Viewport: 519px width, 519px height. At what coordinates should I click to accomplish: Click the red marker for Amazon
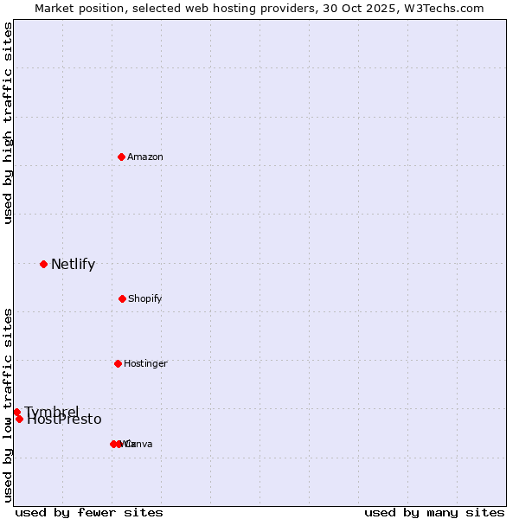122,157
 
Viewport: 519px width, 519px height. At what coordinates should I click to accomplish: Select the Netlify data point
43,264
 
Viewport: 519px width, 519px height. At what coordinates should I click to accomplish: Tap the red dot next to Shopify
122,298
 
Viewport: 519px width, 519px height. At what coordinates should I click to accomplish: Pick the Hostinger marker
118,363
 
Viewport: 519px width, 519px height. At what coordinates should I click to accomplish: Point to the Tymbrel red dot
16,412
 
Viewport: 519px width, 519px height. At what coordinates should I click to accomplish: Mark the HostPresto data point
19,419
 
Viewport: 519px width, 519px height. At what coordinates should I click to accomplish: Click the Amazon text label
145,157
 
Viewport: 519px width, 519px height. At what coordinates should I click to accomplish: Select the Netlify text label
73,265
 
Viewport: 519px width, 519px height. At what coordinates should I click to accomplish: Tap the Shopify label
144,298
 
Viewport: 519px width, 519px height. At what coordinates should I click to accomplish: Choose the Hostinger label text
145,363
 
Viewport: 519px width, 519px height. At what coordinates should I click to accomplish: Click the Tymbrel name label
52,411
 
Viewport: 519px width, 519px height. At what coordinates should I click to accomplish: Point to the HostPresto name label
65,420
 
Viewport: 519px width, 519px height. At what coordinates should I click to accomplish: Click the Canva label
140,444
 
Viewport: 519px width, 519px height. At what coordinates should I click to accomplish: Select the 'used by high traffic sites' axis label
9,124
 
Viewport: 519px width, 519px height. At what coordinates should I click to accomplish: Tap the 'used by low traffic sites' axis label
9,405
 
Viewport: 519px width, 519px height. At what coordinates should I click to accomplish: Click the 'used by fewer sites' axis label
89,512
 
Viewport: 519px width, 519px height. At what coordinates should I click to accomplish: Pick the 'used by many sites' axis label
434,512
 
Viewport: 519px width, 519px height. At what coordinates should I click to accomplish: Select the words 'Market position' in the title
75,8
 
